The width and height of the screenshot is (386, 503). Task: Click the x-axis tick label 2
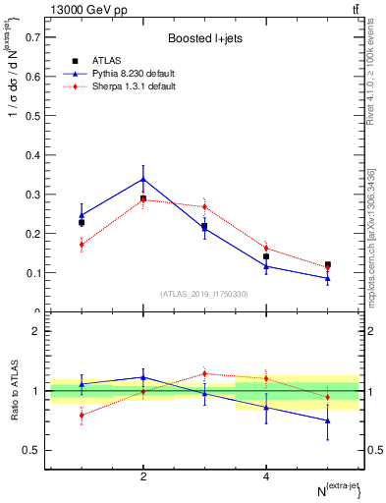click(143, 477)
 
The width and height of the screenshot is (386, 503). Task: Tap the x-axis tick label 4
click(266, 477)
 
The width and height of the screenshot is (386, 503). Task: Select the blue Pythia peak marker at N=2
click(143, 179)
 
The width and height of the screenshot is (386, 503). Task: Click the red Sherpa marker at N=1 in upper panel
click(82, 245)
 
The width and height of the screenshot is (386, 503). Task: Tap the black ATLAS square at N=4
click(266, 256)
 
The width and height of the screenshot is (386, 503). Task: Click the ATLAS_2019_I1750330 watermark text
click(204, 294)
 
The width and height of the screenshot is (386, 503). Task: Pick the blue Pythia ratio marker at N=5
click(327, 420)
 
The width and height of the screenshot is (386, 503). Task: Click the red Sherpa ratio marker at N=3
click(204, 373)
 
